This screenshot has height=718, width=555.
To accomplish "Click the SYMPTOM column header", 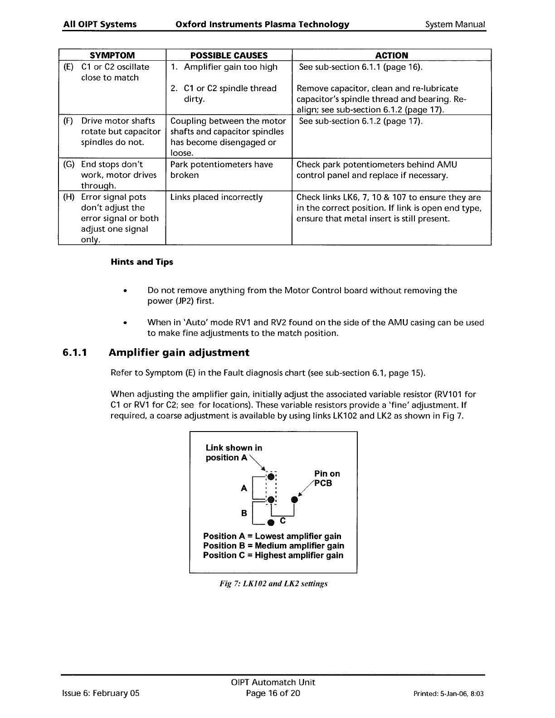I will tap(112, 55).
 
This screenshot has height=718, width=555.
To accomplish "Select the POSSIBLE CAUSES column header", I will tap(229, 55).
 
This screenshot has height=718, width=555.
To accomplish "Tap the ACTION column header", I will tap(391, 55).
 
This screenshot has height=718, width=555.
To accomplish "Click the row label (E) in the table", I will tap(68, 67).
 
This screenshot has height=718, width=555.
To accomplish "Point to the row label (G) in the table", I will tap(68, 165).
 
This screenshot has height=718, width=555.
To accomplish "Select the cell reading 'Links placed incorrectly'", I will tap(216, 197).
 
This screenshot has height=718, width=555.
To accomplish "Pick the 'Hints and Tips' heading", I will tap(142, 262).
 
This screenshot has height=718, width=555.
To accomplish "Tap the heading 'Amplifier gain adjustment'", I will tap(179, 353).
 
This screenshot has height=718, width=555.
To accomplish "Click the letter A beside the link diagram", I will tap(244, 489).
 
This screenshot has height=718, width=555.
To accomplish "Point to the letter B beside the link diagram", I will tap(244, 513).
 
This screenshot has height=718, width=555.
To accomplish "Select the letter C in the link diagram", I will tap(282, 520).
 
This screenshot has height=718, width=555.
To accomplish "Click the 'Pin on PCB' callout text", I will tap(326, 478).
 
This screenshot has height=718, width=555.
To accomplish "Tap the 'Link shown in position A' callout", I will tap(234, 452).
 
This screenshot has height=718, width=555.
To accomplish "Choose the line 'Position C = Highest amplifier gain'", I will tap(273, 555).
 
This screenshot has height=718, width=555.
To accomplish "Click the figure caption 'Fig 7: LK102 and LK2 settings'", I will tap(273, 584).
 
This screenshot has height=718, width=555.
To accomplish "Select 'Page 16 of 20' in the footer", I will tap(273, 693).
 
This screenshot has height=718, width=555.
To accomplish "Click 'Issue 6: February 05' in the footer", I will tap(101, 693).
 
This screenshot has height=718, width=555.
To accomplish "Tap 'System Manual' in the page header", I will tap(455, 24).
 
